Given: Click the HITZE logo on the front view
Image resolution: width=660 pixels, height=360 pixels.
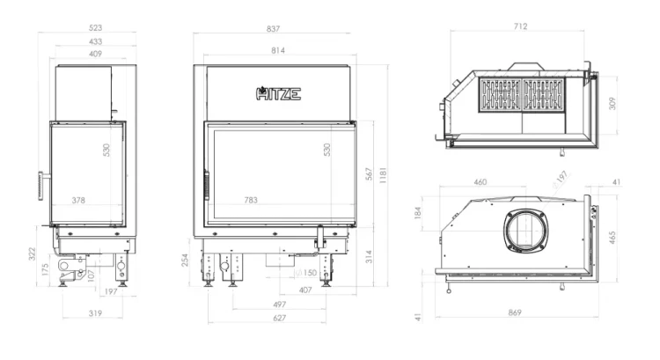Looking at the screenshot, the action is (x=278, y=93).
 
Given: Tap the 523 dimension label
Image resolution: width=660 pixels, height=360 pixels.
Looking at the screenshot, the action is (x=96, y=28).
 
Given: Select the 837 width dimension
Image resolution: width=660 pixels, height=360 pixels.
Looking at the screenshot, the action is (x=273, y=29).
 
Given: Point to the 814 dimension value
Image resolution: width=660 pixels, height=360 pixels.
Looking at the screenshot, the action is (x=278, y=50).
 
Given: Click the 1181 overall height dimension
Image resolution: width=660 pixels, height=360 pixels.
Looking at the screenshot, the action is (x=383, y=175).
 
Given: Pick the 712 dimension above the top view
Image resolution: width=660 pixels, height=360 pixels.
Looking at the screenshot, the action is (x=520, y=26).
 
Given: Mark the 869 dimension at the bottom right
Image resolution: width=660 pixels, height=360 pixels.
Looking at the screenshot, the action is (x=515, y=312).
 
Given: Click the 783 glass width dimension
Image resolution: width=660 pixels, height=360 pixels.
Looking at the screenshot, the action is (x=251, y=200).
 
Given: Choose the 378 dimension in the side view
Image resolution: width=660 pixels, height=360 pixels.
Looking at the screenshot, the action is (x=78, y=201).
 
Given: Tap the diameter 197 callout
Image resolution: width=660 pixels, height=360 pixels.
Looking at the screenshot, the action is (x=561, y=179).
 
